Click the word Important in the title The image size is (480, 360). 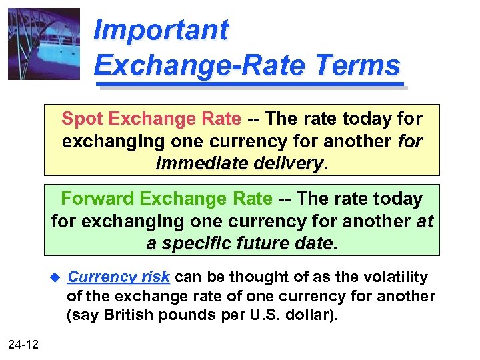pyautogui.click(x=161, y=30)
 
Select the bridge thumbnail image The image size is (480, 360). pyautogui.click(x=44, y=44)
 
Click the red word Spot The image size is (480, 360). pyautogui.click(x=82, y=119)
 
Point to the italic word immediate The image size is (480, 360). pyautogui.click(x=200, y=163)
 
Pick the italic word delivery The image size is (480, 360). pyautogui.click(x=287, y=163)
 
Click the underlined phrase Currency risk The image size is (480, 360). pyautogui.click(x=119, y=277)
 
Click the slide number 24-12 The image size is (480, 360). pyautogui.click(x=23, y=344)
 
